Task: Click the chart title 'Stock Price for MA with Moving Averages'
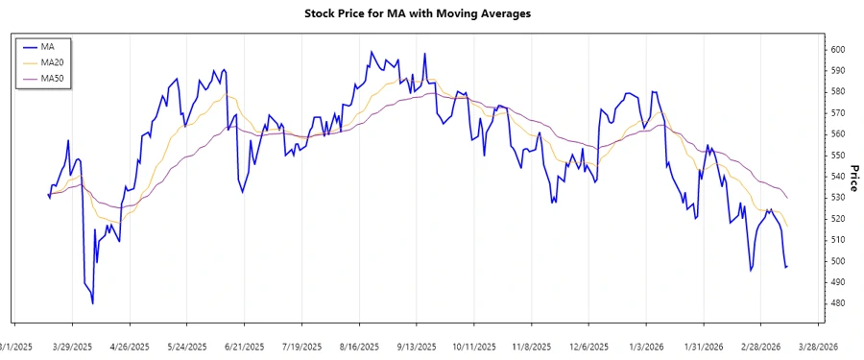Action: pos(430,13)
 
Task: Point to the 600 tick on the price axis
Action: pos(837,49)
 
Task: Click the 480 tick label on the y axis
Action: pos(837,303)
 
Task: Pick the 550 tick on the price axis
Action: pos(837,156)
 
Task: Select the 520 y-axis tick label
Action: pos(837,219)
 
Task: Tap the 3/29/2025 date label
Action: pos(72,347)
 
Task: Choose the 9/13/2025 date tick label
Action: pos(416,347)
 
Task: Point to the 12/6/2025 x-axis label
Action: pos(588,347)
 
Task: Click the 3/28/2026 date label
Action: pos(817,347)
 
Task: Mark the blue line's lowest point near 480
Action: pos(93,303)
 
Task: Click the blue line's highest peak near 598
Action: pos(371,53)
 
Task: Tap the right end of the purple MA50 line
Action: pos(788,198)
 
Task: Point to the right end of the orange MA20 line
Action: pos(788,227)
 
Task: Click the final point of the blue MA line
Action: pos(787,266)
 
